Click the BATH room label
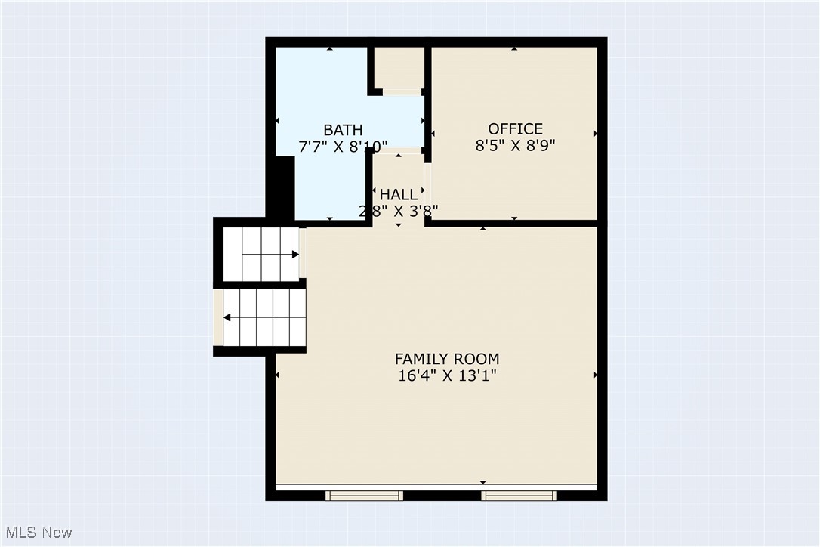(x=343, y=130)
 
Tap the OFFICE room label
(x=515, y=128)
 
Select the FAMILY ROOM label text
(x=447, y=359)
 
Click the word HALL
(x=398, y=195)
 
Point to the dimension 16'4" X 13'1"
(x=447, y=375)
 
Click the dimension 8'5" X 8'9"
(x=515, y=146)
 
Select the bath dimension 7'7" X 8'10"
(x=343, y=147)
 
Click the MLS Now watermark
(x=37, y=533)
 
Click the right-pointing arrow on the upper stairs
(x=295, y=255)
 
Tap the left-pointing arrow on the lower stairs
(x=227, y=318)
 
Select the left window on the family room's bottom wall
(x=364, y=496)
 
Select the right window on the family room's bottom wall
(x=519, y=496)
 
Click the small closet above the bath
(x=399, y=68)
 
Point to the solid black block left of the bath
(x=282, y=187)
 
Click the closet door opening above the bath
(x=402, y=92)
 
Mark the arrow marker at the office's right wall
(x=595, y=134)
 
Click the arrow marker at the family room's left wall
(x=278, y=375)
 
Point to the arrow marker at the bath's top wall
(x=330, y=49)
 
